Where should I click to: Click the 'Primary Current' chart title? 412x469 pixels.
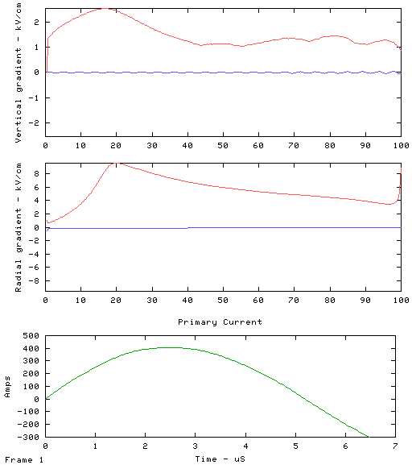tap(220, 322)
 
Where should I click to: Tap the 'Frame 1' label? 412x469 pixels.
tap(24, 460)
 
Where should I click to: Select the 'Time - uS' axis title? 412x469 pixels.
tap(220, 459)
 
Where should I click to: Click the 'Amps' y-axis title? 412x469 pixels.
tap(7, 387)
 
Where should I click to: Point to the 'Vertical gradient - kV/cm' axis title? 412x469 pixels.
tap(19, 73)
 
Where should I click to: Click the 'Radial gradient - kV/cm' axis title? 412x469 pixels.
tap(19, 227)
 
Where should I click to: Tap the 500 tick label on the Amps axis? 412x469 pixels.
tap(31, 336)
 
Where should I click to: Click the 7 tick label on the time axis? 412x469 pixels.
tap(395, 446)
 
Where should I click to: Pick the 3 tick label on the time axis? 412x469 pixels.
tap(195, 446)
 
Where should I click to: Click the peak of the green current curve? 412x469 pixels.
tap(171, 347)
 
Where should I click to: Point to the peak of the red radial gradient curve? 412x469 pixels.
tap(115, 164)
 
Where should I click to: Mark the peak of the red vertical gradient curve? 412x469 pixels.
tap(105, 9)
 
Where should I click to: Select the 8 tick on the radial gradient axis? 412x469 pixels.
tap(36, 174)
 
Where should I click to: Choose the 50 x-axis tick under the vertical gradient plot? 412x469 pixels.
tap(223, 146)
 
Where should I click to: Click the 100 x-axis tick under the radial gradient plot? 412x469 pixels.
tap(401, 301)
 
